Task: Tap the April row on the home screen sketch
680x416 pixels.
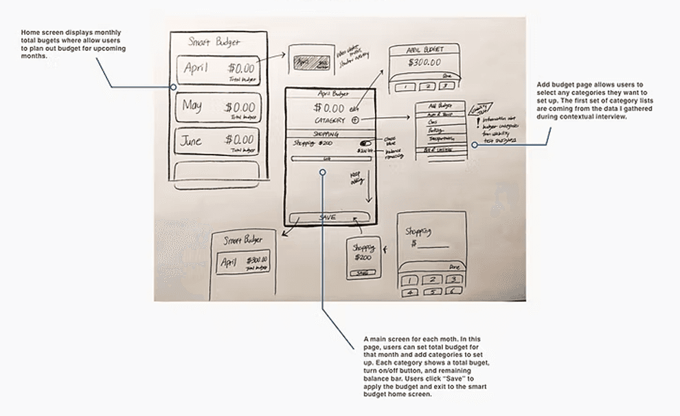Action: pos(218,69)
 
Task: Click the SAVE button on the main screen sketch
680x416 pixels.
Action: pos(328,217)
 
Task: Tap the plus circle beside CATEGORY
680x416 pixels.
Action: pos(355,120)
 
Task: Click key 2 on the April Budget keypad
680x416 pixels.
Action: pos(427,86)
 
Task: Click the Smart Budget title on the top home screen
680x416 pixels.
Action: pos(215,42)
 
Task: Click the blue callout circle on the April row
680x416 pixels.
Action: pos(173,87)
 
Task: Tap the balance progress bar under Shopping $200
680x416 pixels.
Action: pos(332,159)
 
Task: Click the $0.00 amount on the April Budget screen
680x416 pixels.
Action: pos(329,107)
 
